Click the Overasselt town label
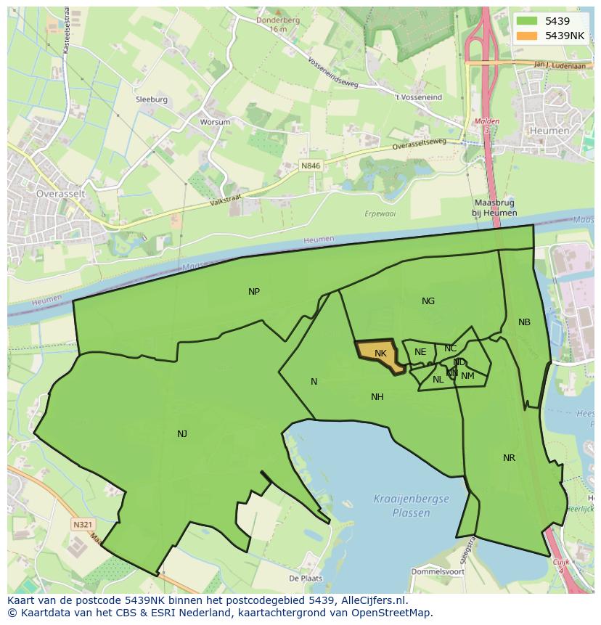point(62,194)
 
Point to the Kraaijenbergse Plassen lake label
point(411,505)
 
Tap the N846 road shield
point(311,166)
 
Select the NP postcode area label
point(254,292)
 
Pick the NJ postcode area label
point(182,434)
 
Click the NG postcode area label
point(428,301)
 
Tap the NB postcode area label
point(524,322)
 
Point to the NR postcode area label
point(509,458)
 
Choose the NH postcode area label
point(377,397)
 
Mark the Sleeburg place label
point(151,99)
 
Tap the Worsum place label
point(215,122)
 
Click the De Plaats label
point(305,579)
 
